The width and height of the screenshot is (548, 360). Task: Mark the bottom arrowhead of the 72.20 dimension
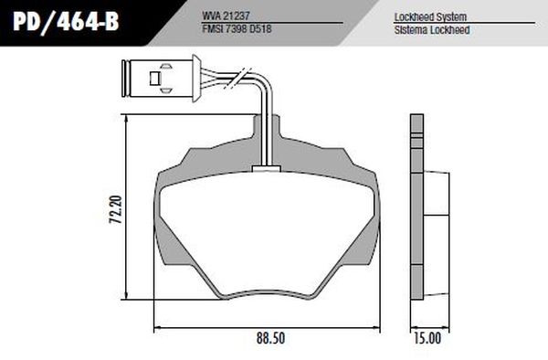tap(126, 297)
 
